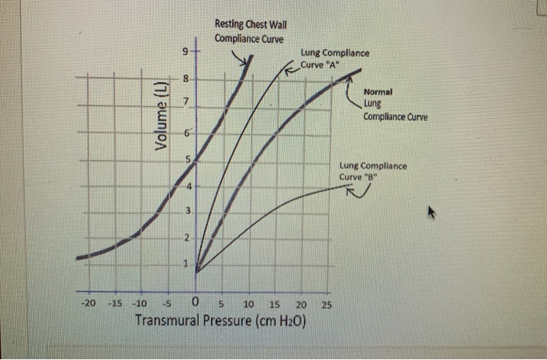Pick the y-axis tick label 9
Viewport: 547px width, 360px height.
click(x=185, y=54)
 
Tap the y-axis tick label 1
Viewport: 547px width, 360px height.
click(x=186, y=264)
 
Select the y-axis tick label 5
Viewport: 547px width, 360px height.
click(x=186, y=160)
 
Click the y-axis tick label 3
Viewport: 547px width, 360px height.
click(x=186, y=212)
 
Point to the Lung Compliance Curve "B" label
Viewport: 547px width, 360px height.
click(x=373, y=171)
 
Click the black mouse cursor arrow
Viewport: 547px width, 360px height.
click(x=431, y=212)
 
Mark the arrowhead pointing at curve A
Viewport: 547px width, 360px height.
click(x=287, y=71)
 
